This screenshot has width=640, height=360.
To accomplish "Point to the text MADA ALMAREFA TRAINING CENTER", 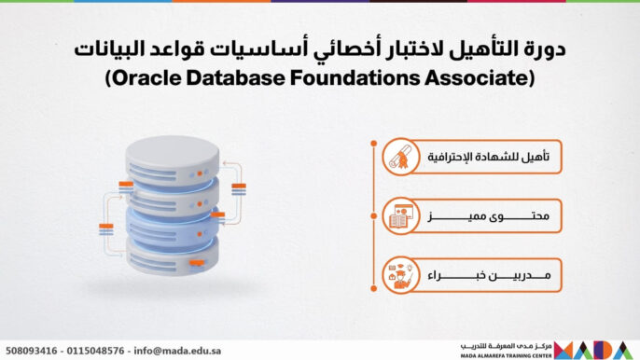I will [x=505, y=355].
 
